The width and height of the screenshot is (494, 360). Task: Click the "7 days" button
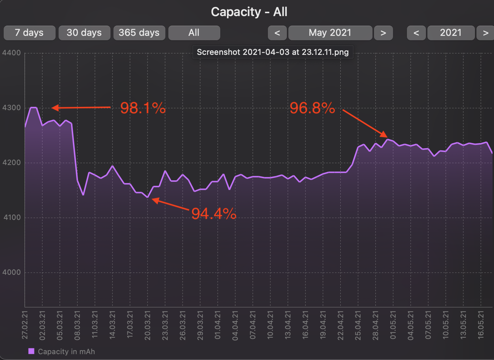click(29, 33)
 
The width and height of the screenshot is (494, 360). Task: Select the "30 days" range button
click(84, 33)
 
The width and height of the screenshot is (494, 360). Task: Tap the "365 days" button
click(139, 33)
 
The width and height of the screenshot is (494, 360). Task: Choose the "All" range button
click(194, 33)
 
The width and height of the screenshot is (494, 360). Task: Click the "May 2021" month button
click(330, 33)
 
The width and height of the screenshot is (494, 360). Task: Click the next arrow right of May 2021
click(383, 33)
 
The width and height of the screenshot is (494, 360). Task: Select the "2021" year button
click(451, 33)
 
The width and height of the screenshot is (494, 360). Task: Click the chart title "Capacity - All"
click(249, 12)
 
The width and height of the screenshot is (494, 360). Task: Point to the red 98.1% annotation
click(143, 108)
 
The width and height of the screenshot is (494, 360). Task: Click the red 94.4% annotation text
click(214, 213)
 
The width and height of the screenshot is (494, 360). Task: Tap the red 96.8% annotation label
click(312, 108)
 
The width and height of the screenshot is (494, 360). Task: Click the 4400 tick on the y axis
click(11, 53)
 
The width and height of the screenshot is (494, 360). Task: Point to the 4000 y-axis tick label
click(11, 272)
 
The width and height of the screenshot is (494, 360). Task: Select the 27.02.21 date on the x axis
click(25, 325)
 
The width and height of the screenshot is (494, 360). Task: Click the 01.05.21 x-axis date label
click(393, 325)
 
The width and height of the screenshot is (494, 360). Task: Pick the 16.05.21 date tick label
click(481, 325)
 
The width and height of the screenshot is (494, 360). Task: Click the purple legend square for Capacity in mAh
click(31, 351)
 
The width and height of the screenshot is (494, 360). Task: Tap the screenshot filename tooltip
click(273, 52)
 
